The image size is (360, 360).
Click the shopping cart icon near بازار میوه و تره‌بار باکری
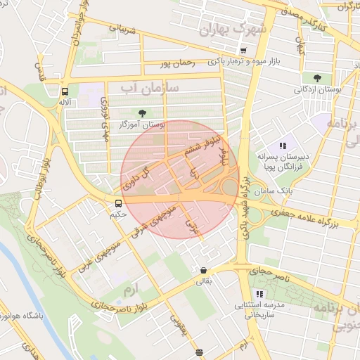pyautogui.click(x=243, y=51)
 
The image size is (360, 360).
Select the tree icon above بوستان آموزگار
pyautogui.click(x=143, y=112)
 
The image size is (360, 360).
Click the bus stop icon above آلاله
pyautogui.click(x=65, y=91)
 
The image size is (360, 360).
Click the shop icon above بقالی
pyautogui.click(x=203, y=270)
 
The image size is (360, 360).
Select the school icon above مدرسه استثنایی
pyautogui.click(x=259, y=293)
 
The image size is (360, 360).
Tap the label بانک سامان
pyautogui.click(x=275, y=191)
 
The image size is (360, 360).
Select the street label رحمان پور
pyautogui.click(x=175, y=64)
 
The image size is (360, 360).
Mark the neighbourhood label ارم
pyautogui.click(x=128, y=289)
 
